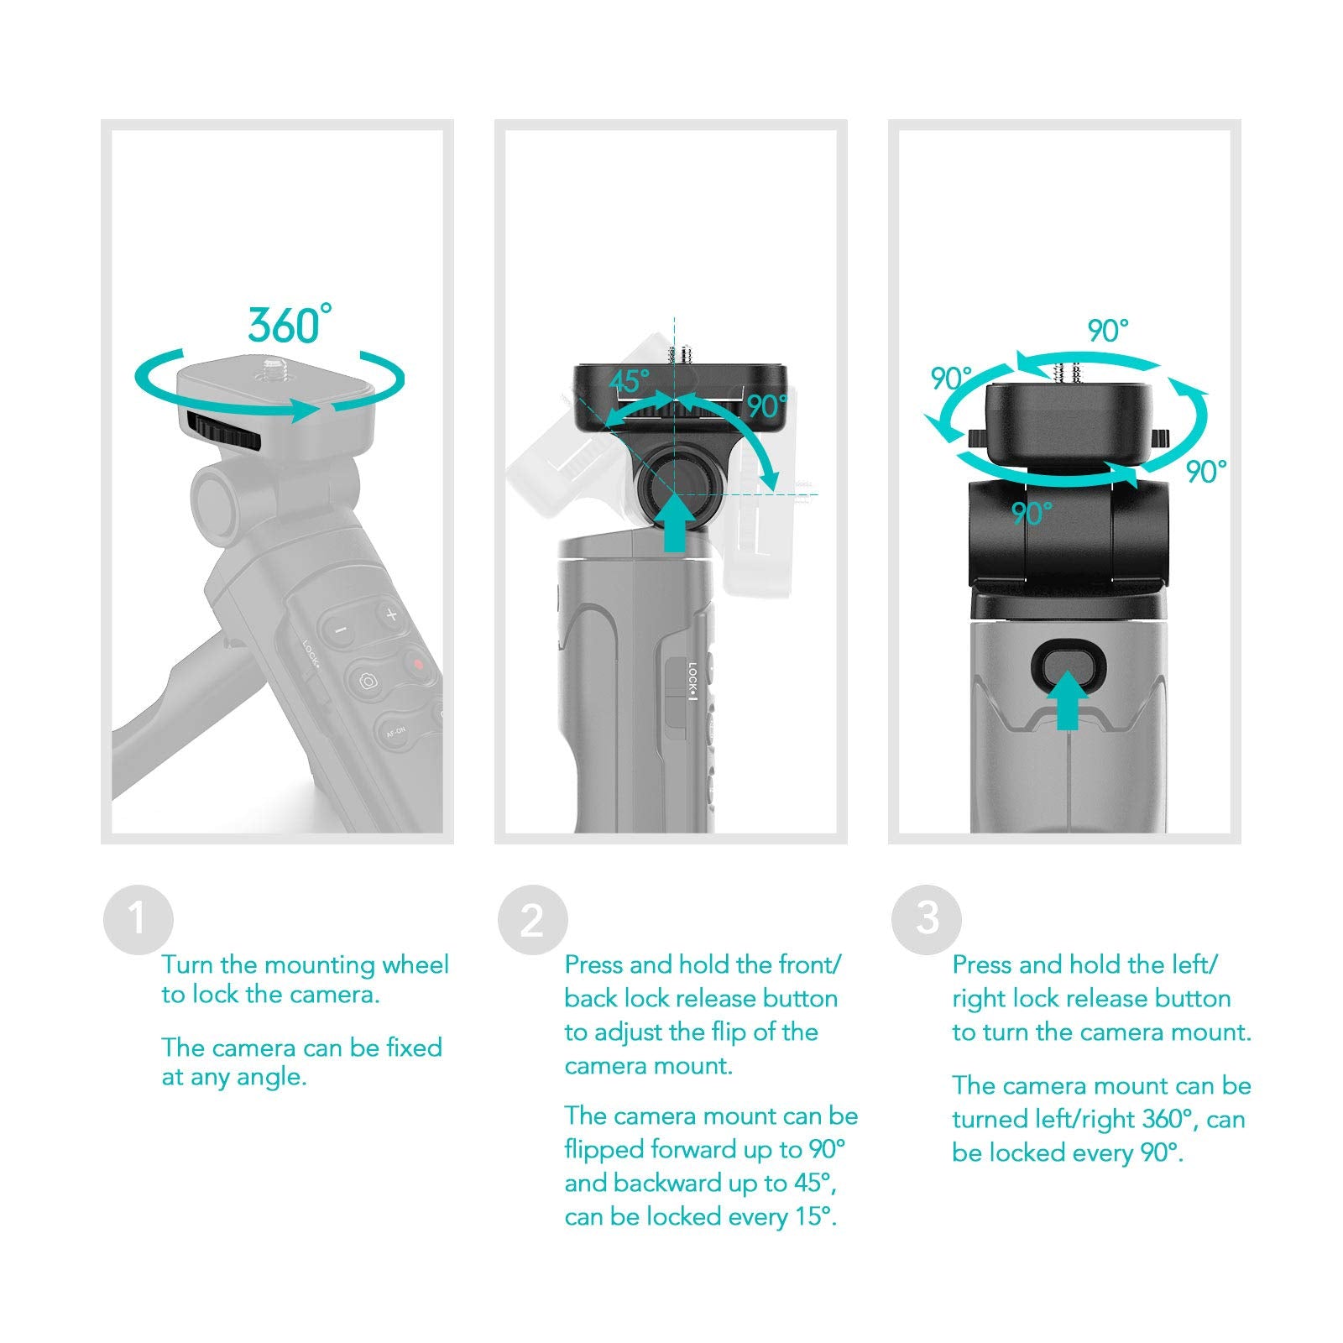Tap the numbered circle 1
tap(138, 920)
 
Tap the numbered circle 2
tap(532, 920)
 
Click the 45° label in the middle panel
tap(630, 382)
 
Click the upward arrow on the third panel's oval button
tap(1068, 701)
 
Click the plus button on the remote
tap(391, 615)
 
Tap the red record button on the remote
tap(417, 665)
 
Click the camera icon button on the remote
tap(368, 682)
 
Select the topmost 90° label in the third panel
tap(1108, 332)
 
